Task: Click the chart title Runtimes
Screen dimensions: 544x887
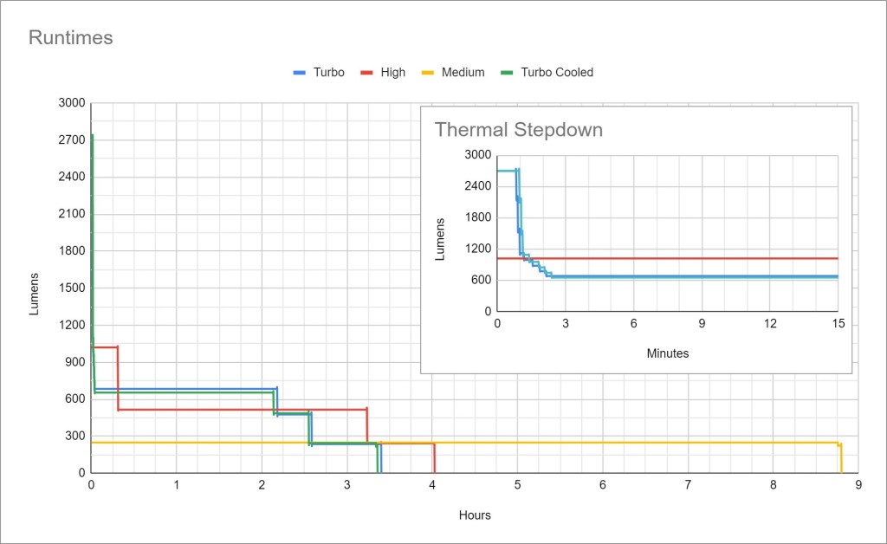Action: [x=71, y=38]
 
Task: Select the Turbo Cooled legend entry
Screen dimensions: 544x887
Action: [x=556, y=73]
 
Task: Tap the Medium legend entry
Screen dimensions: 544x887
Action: [x=463, y=73]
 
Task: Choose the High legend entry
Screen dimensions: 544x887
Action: [x=392, y=73]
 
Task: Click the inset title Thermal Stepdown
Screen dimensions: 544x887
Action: [x=518, y=130]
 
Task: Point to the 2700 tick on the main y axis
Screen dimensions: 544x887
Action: [x=73, y=140]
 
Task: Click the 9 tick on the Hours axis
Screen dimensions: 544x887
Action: [x=858, y=485]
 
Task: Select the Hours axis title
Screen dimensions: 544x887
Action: [x=475, y=515]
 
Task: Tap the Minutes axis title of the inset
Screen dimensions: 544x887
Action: [x=668, y=353]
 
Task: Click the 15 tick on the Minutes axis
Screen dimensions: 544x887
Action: [x=838, y=323]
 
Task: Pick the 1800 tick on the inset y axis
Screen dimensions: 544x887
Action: [x=478, y=217]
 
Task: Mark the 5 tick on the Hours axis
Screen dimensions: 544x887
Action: [x=518, y=485]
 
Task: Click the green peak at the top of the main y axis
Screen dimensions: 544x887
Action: [x=92, y=137]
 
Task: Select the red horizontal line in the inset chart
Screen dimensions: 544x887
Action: [x=693, y=258]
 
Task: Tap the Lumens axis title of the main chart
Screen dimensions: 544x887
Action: [x=35, y=294]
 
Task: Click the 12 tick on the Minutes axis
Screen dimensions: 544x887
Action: [x=769, y=323]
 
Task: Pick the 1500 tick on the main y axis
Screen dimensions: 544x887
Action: [x=73, y=288]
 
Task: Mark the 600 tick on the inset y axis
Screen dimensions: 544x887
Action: [x=481, y=280]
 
